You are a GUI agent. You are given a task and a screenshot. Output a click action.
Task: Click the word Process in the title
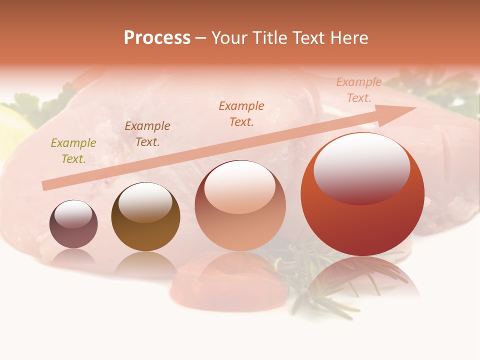[x=157, y=38]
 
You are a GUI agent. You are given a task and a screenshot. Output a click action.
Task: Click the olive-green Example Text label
[x=73, y=151]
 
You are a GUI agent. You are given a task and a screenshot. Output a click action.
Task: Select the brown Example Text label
[x=147, y=134]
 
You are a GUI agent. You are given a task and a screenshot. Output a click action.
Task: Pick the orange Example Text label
[x=241, y=113]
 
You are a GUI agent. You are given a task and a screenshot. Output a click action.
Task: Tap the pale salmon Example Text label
[x=359, y=90]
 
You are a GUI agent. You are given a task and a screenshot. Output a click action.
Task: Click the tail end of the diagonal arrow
[x=45, y=185]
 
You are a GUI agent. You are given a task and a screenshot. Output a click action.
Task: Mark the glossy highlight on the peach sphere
[x=240, y=186]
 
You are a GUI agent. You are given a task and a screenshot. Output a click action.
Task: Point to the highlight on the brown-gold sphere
[x=145, y=201]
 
